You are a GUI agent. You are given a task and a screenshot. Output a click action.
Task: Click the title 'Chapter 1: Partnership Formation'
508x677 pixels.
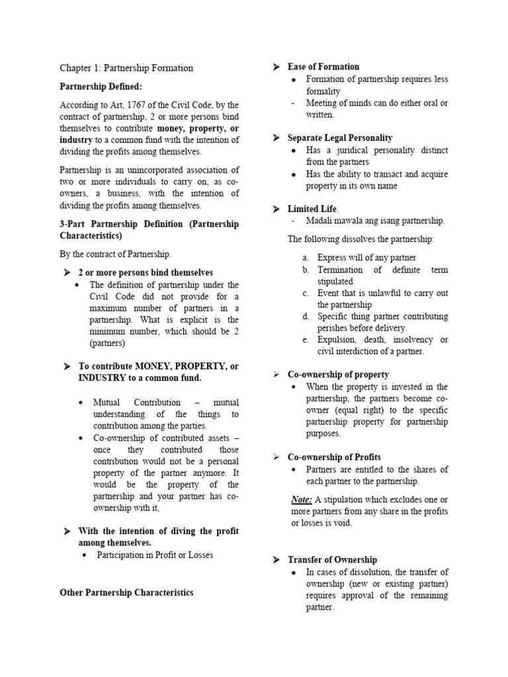tap(126, 68)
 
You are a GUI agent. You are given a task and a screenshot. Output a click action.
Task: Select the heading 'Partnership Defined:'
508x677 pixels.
tap(101, 87)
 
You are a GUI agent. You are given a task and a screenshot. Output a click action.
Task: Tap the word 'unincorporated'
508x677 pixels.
tap(150, 170)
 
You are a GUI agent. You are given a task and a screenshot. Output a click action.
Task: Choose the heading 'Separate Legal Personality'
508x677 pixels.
tap(339, 138)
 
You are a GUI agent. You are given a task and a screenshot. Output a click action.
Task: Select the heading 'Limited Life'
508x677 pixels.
tap(312, 209)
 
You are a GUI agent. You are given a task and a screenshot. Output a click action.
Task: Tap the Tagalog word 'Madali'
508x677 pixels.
tap(321, 221)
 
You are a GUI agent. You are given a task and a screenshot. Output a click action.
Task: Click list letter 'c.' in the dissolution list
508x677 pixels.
tap(306, 293)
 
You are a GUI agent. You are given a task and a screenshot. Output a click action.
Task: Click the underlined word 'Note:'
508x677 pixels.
tap(302, 499)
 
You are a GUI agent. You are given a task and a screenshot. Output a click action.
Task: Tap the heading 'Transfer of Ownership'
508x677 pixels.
tap(332, 560)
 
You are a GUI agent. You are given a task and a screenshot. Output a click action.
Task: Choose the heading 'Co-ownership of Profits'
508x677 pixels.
tap(334, 458)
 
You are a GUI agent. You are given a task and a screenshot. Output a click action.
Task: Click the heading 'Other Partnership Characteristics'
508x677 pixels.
tap(126, 593)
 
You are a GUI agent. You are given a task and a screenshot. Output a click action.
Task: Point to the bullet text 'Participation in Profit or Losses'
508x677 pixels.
tap(155, 555)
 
